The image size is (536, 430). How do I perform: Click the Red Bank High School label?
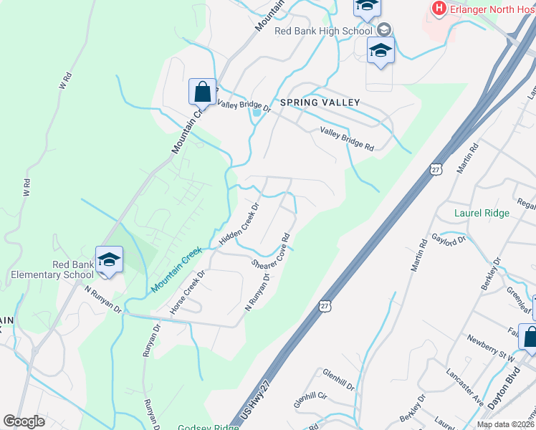click(x=323, y=31)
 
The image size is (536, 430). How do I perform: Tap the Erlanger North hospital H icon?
click(x=439, y=9)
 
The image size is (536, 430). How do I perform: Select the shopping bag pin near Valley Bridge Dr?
click(x=202, y=92)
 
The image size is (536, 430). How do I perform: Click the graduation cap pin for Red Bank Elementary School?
click(x=109, y=259)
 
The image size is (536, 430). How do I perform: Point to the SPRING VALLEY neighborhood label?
click(x=320, y=103)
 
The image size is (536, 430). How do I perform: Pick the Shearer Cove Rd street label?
click(x=272, y=250)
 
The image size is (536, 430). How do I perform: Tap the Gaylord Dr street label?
click(x=449, y=240)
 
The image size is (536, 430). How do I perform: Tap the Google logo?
click(x=24, y=421)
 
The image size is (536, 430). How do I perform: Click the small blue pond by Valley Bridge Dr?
click(x=256, y=113)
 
